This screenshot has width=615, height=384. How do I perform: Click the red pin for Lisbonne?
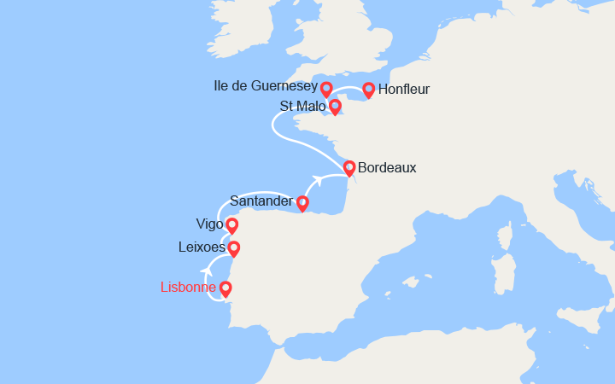(226, 288)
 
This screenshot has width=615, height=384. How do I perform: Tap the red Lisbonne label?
(188, 288)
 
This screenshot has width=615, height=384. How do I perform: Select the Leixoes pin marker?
(233, 247)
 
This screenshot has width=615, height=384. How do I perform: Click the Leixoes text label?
(203, 247)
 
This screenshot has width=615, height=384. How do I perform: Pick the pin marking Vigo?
(231, 224)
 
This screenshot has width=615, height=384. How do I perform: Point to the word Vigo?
(210, 224)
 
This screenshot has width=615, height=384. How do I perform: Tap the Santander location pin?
(302, 201)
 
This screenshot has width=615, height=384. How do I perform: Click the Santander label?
(261, 201)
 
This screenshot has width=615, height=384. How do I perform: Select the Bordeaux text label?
(387, 168)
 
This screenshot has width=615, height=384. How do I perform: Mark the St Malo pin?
(336, 106)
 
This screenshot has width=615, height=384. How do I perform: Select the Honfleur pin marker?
(369, 88)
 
